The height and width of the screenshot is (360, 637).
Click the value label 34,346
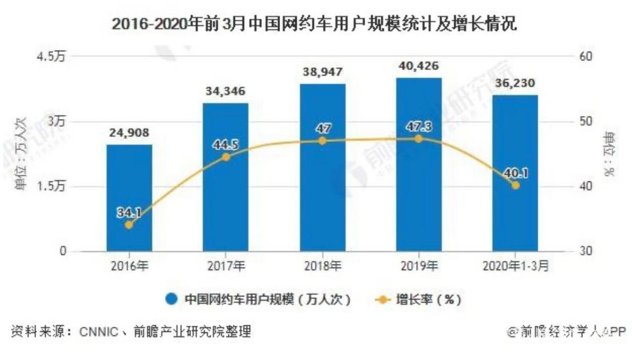click(226, 92)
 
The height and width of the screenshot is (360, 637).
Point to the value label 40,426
click(418, 66)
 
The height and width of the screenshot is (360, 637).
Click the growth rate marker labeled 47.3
click(418, 139)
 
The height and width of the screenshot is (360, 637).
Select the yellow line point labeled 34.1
click(129, 225)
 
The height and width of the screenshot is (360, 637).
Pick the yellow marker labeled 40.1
click(515, 185)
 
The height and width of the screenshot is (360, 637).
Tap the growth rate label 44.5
click(226, 144)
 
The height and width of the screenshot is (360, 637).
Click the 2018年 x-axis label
click(322, 266)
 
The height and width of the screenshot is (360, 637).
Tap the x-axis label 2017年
click(226, 266)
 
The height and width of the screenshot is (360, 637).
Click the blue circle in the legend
click(171, 299)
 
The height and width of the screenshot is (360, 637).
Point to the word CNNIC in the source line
click(99, 333)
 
